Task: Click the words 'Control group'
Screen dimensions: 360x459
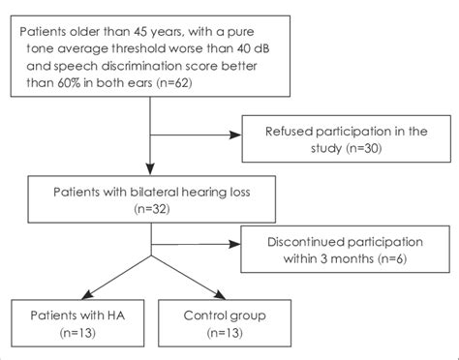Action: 228,313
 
